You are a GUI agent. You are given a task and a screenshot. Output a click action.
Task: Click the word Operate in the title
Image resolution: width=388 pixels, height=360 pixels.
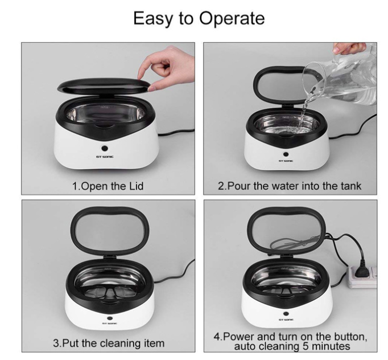pos(232,18)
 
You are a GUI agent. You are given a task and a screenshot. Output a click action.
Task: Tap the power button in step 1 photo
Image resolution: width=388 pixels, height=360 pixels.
pos(105,148)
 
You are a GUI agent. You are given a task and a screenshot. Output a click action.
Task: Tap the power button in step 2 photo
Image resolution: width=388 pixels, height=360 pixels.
pos(286,154)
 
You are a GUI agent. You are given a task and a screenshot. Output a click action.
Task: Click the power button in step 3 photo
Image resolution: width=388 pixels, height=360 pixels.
pos(110,318)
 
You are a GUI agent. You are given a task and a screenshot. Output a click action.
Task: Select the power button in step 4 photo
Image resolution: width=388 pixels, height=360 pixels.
pos(286,314)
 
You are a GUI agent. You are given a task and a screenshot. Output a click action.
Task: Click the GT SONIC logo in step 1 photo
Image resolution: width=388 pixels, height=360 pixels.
pos(105,157)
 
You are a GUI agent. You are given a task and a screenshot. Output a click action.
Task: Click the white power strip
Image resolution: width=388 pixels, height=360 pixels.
pos(362,276)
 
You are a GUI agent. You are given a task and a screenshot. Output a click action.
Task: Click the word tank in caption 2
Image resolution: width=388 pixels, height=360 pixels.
pos(351,186)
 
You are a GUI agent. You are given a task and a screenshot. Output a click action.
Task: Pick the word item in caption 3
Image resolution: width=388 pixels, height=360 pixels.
pos(154,343)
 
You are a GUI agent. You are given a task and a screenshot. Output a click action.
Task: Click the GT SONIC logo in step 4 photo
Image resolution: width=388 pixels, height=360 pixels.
pos(286,320)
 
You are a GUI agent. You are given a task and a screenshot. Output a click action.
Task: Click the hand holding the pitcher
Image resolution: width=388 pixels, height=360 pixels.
pos(349,48)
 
